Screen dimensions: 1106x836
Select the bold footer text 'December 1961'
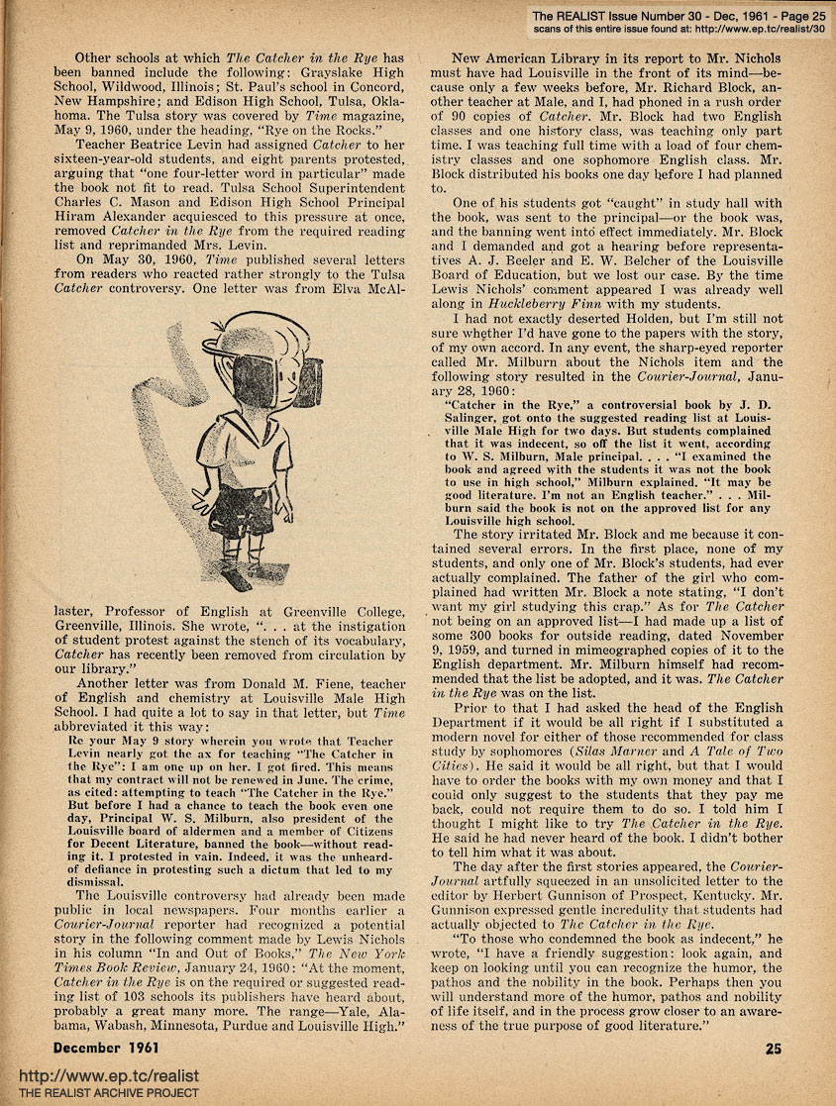[106, 1047]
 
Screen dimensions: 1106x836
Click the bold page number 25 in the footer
[776, 1047]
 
